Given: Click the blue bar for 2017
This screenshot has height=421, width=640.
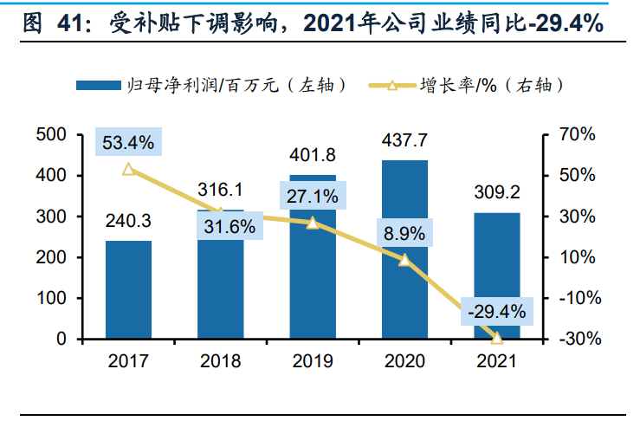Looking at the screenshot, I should click(128, 289).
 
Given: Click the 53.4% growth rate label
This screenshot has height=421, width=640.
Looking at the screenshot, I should click(128, 143).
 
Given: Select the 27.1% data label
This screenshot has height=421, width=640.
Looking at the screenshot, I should click(312, 196).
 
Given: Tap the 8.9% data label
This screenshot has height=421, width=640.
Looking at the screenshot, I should click(404, 232).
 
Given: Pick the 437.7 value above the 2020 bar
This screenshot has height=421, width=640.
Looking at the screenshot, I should click(404, 140).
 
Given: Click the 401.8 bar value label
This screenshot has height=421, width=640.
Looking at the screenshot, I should click(312, 156).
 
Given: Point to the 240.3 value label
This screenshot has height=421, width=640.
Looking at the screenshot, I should click(128, 222).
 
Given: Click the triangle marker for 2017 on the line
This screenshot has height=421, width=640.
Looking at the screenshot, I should click(128, 170).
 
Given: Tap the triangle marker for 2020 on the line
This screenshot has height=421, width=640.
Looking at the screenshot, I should click(404, 260).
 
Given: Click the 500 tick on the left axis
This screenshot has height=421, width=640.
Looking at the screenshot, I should click(52, 135).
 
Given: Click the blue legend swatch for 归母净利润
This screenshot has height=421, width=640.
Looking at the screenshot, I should click(98, 85).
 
